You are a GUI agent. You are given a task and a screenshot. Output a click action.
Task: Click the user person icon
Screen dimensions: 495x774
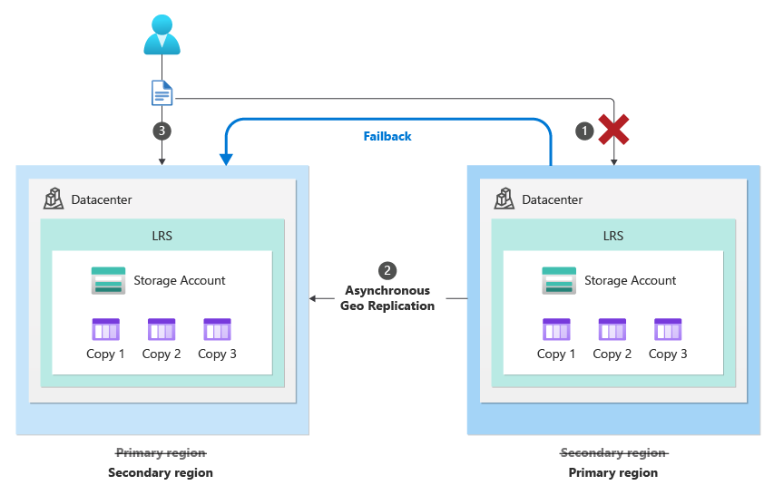pyautogui.click(x=162, y=35)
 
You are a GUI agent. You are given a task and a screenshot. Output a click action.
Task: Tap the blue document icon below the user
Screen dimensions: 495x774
pyautogui.click(x=162, y=92)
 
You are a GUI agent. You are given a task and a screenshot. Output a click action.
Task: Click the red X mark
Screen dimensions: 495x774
pyautogui.click(x=614, y=131)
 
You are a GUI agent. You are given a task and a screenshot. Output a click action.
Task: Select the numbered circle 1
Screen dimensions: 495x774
pyautogui.click(x=585, y=131)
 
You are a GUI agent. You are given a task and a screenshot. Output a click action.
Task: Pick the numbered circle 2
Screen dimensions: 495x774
pyautogui.click(x=387, y=270)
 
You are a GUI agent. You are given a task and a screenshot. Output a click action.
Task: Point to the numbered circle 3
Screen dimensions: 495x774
pyautogui.click(x=162, y=131)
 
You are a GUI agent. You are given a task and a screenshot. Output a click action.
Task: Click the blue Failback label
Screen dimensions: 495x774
pyautogui.click(x=387, y=137)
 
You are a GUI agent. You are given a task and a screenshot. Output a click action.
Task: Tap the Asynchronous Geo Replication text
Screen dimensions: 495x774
pyautogui.click(x=387, y=298)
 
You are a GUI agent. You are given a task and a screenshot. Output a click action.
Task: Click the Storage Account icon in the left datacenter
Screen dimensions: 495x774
pyautogui.click(x=108, y=280)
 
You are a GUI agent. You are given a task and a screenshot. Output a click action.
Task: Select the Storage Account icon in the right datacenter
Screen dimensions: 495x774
pyautogui.click(x=559, y=280)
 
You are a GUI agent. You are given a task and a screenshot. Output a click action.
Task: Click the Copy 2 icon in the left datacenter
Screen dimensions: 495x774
pyautogui.click(x=162, y=329)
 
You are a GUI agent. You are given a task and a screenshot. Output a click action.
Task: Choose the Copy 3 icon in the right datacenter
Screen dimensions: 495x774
pyautogui.click(x=668, y=329)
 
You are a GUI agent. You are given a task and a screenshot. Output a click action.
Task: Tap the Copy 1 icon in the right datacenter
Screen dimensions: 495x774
pyautogui.click(x=556, y=329)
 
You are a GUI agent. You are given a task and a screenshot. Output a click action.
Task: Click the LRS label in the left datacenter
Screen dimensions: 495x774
pyautogui.click(x=162, y=236)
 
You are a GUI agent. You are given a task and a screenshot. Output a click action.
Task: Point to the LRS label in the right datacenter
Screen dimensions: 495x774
pyautogui.click(x=613, y=236)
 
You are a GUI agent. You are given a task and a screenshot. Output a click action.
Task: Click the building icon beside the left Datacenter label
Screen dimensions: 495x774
pyautogui.click(x=54, y=199)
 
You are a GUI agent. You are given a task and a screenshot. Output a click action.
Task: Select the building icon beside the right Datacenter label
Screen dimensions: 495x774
pyautogui.click(x=505, y=199)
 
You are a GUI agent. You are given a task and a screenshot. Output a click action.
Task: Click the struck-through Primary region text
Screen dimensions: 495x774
pyautogui.click(x=161, y=452)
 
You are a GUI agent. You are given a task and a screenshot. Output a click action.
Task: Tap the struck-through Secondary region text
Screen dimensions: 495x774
pyautogui.click(x=613, y=452)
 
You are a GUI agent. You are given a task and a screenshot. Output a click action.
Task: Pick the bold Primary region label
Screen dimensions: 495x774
pyautogui.click(x=613, y=472)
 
